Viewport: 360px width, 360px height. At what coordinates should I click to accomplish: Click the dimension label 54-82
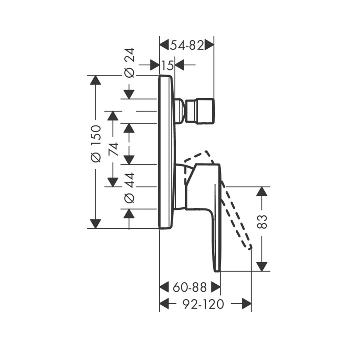tap(187, 46)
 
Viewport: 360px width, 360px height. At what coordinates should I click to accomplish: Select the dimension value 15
tap(168, 66)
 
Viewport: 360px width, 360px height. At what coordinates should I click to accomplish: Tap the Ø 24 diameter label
tap(129, 63)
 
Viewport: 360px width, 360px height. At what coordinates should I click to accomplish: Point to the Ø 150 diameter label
tap(96, 144)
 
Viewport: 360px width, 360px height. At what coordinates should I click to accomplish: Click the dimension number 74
tap(114, 149)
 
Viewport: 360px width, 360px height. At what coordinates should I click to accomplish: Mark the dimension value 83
tap(262, 222)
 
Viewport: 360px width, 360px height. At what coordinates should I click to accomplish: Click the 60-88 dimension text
tap(190, 287)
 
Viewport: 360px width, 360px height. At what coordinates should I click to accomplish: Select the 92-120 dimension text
tap(203, 304)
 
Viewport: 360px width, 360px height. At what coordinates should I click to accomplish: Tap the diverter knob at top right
tap(201, 111)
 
